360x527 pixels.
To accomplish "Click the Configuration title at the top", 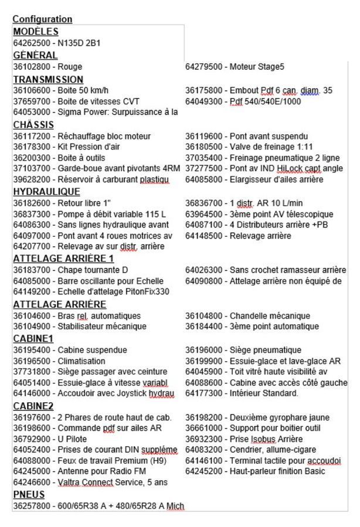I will [42, 19].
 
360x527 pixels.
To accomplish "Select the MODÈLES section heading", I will [35, 32].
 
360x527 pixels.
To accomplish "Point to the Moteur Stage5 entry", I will [235, 67].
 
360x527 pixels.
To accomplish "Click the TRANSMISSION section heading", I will [48, 79].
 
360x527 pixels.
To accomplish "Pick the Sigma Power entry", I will [95, 112].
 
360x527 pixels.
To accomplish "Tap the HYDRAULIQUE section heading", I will [47, 192].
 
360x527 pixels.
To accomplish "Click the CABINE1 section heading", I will [33, 338].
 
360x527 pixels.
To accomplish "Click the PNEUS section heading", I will [29, 494].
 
